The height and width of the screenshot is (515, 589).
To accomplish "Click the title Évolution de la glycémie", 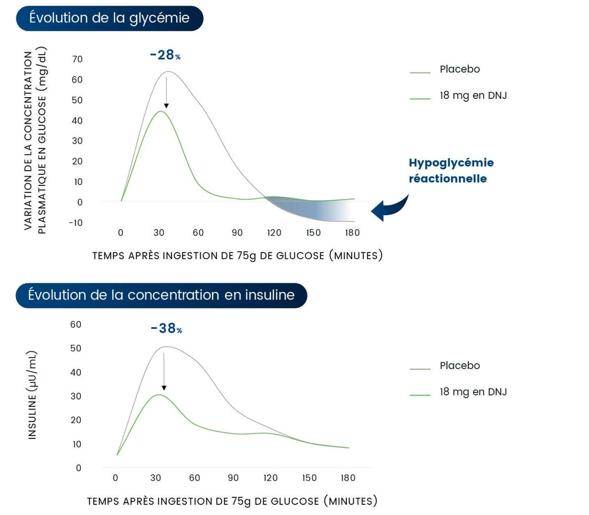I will point(110,18).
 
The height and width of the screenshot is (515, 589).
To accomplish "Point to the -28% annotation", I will point(165,55).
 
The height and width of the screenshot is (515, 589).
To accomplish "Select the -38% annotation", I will point(166,328).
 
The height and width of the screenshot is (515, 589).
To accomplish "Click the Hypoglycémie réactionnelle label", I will point(451,170).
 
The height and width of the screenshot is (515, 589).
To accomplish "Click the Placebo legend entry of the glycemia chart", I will point(459,69).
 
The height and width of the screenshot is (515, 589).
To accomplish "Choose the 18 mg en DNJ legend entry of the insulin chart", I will point(472,392).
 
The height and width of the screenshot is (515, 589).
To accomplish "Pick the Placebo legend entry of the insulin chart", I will point(459,366).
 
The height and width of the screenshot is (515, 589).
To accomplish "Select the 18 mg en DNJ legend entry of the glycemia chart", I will point(472,95).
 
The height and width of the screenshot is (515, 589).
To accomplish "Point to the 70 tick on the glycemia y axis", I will point(77,59).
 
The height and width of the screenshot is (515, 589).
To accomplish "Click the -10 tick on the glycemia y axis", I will point(75,222).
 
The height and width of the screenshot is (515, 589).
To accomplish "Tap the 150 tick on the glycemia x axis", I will point(313,232).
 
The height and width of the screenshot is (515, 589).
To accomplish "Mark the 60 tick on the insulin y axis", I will point(75,324).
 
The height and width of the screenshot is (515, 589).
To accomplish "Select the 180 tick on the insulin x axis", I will point(348,477).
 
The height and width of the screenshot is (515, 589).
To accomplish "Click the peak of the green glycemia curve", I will point(160,111).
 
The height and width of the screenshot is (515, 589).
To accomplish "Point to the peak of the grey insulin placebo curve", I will point(167,347).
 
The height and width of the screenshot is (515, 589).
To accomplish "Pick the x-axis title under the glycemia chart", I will point(237,255).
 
